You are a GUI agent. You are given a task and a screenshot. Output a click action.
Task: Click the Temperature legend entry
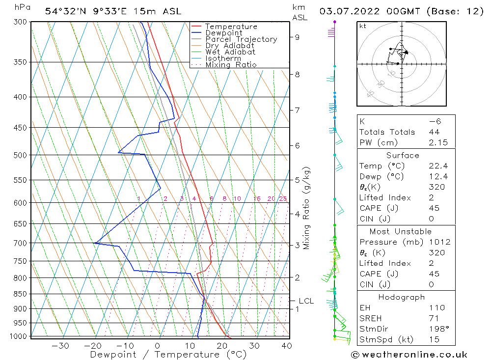pos(231,27)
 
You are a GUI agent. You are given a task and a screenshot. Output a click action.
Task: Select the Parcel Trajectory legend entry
pos(241,39)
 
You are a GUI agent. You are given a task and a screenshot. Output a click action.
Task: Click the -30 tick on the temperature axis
pos(60,346)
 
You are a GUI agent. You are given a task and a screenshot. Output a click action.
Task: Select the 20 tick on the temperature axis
pos(222,346)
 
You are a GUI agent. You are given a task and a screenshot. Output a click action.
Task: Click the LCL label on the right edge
pos(306,301)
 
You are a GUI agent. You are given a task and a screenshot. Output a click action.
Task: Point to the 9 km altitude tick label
pos(298,37)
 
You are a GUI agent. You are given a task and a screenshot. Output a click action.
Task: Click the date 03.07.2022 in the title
pos(348,11)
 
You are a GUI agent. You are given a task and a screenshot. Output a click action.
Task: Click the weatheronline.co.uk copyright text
pos(409,354)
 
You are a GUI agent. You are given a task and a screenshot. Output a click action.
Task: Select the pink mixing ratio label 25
pos(283,199)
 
